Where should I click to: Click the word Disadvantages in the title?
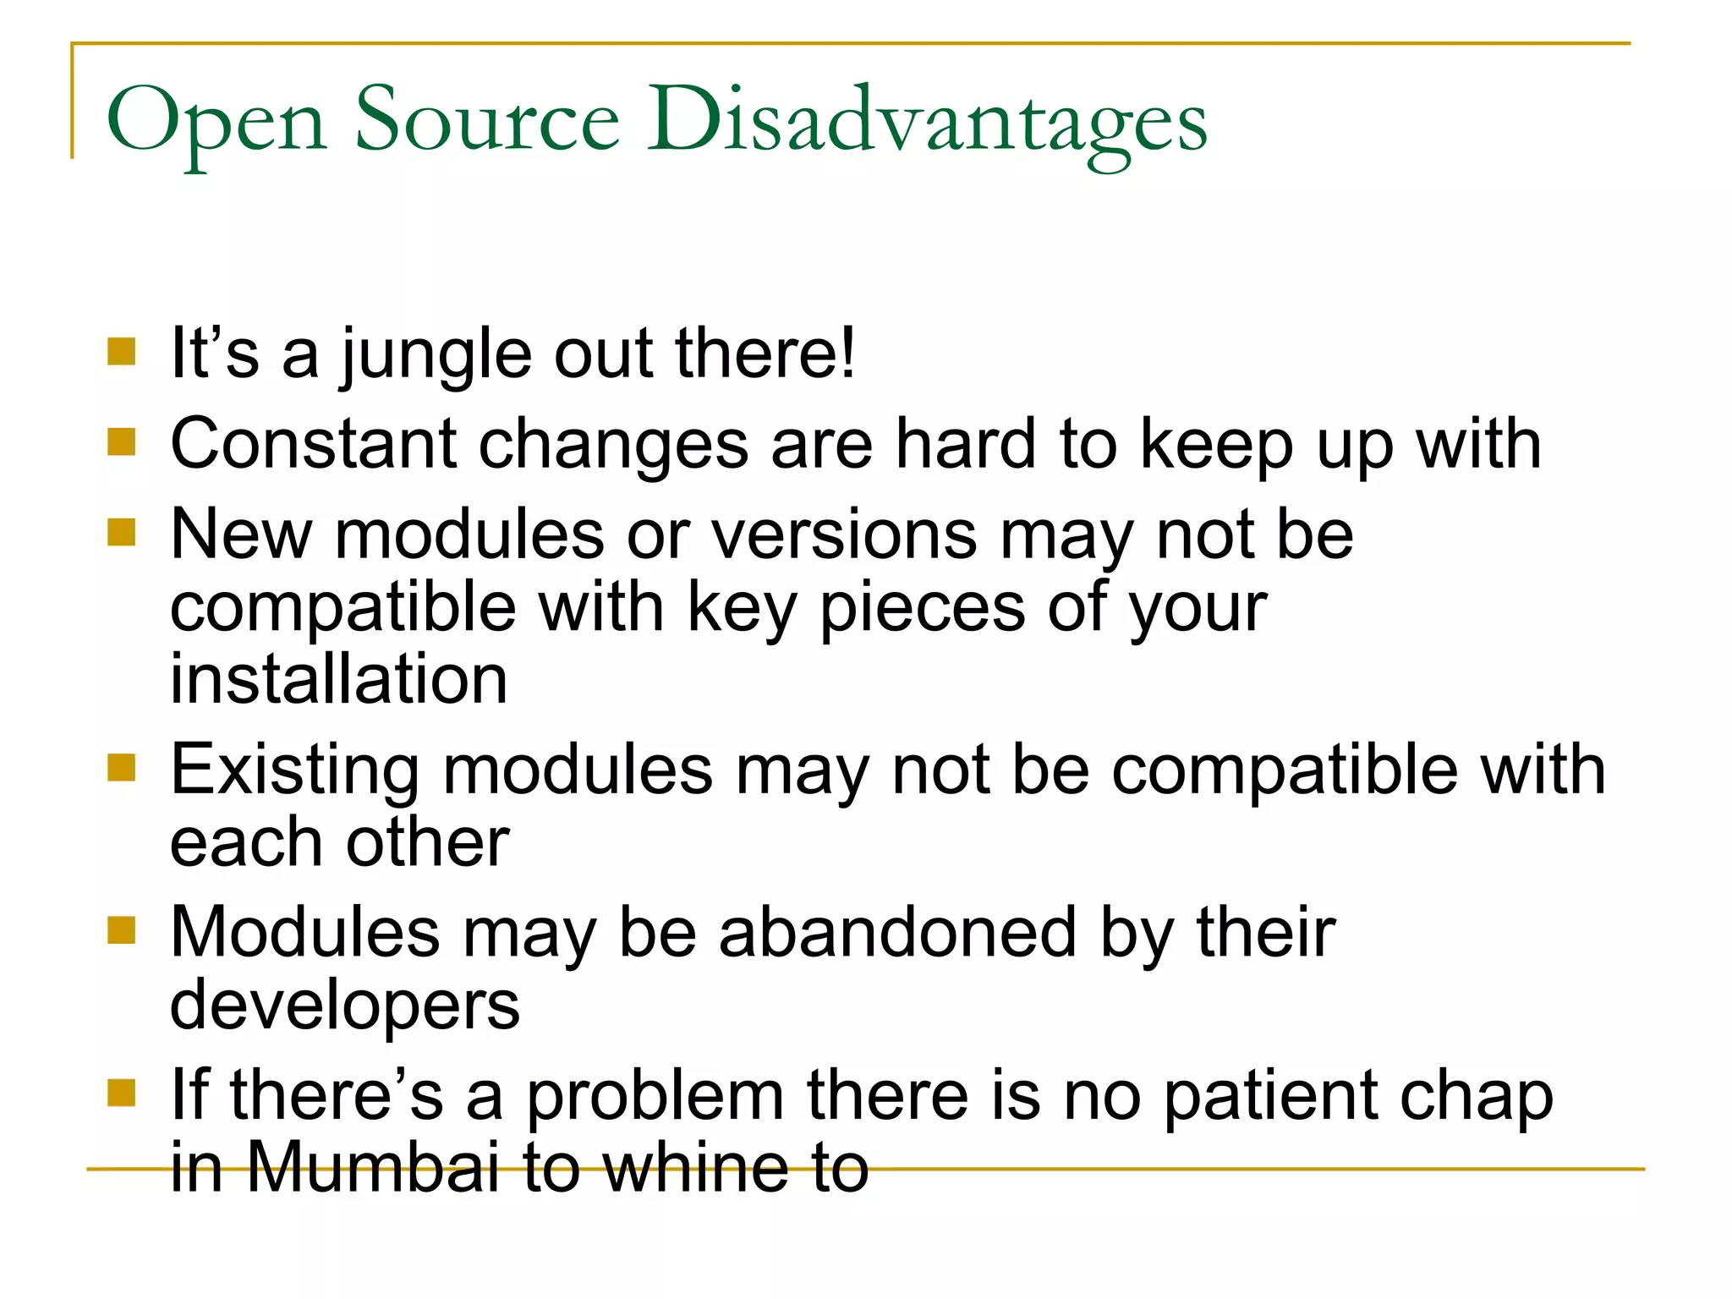point(927,120)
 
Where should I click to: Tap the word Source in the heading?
point(487,120)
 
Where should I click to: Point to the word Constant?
point(314,444)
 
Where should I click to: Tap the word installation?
point(338,679)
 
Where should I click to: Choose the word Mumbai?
point(373,1168)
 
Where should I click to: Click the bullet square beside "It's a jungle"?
point(122,351)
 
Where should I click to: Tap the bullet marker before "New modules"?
point(122,533)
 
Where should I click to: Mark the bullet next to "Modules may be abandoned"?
point(122,930)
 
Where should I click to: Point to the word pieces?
point(923,609)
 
